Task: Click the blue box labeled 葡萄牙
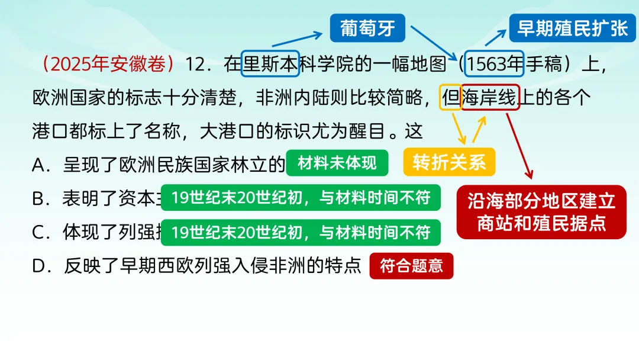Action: pyautogui.click(x=367, y=28)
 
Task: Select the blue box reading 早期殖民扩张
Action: pyautogui.click(x=572, y=28)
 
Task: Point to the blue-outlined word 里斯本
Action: pyautogui.click(x=271, y=65)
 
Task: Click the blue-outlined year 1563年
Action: pyautogui.click(x=495, y=65)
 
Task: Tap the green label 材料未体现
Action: pyautogui.click(x=337, y=163)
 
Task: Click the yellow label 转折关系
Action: pyautogui.click(x=449, y=162)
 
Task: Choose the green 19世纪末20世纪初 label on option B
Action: pyautogui.click(x=301, y=198)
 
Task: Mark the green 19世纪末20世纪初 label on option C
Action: pyautogui.click(x=301, y=233)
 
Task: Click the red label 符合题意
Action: pyautogui.click(x=411, y=266)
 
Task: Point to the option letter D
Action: pyautogui.click(x=39, y=266)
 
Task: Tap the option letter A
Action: pyautogui.click(x=39, y=165)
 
